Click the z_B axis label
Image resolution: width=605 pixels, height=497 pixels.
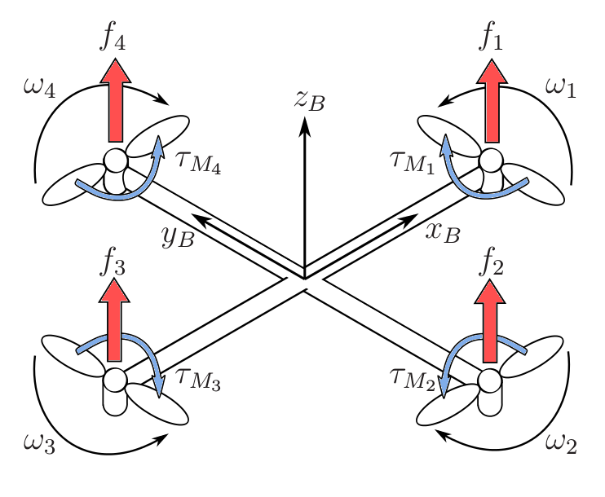(x=310, y=101)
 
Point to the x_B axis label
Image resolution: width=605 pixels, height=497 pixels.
(x=443, y=232)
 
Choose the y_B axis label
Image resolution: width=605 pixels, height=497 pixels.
(x=177, y=236)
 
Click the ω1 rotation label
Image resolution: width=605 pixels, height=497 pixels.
(x=560, y=87)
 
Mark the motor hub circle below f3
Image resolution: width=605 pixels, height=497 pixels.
(x=115, y=380)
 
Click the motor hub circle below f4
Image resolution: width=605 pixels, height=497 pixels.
(x=115, y=160)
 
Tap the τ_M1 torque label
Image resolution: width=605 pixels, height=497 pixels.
(x=413, y=161)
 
